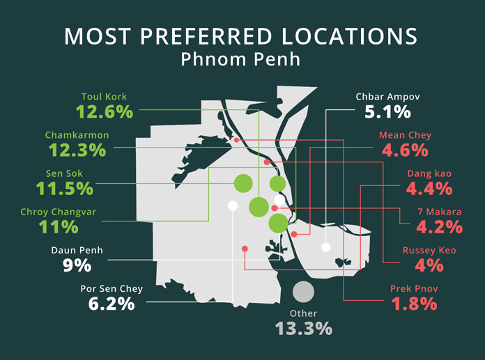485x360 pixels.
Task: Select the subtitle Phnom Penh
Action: point(240,60)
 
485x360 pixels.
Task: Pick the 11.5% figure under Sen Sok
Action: point(65,187)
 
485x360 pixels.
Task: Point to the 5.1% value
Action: point(387,111)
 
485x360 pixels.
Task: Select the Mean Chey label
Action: point(405,135)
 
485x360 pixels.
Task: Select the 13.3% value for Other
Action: point(302,327)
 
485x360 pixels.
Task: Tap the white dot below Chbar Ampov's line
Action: point(325,246)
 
